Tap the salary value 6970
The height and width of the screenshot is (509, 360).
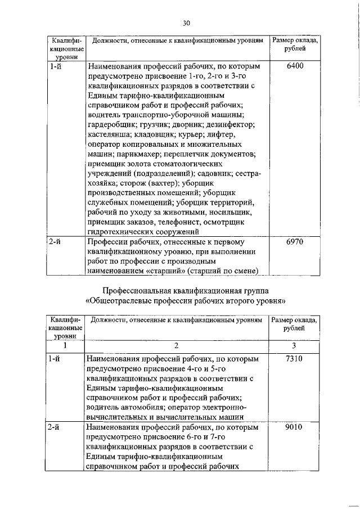coord(295,242)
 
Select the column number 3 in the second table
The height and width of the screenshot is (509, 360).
coord(294,345)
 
